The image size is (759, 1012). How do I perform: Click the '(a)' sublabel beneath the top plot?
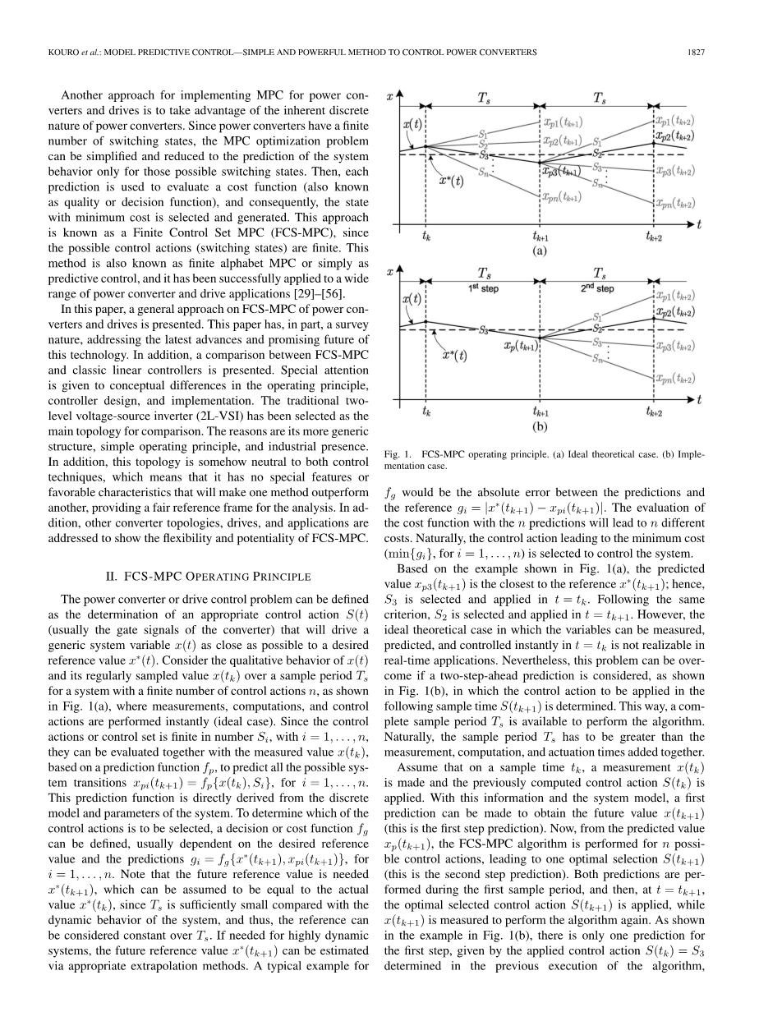tap(540, 251)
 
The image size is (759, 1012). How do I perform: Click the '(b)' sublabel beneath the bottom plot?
tap(540, 427)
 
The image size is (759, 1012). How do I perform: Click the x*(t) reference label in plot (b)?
tap(458, 356)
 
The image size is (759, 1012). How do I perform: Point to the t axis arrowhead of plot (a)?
tap(695, 224)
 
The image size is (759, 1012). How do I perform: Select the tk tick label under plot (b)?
tap(426, 412)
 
